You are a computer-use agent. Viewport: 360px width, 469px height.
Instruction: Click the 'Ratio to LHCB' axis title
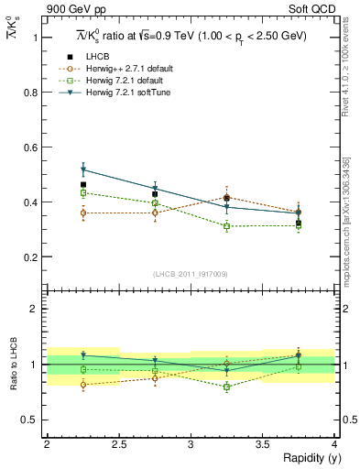(x=13, y=365)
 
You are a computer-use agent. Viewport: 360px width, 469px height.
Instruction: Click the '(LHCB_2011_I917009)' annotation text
(x=191, y=274)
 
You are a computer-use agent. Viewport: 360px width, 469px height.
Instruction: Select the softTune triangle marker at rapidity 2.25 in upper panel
(x=82, y=169)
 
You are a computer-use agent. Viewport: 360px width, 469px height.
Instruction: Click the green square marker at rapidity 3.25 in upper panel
(x=226, y=226)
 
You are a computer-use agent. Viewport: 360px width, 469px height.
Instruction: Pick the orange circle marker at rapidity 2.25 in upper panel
(x=82, y=213)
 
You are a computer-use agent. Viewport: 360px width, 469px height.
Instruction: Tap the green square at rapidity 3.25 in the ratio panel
(x=226, y=387)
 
